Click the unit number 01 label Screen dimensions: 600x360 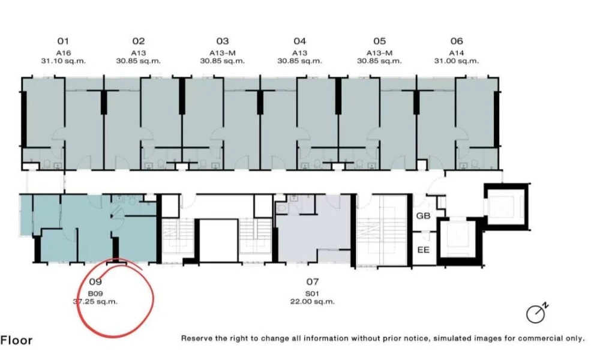[x=63, y=41]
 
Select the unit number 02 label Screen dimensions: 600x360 [x=139, y=41]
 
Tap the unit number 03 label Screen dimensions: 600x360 [x=223, y=41]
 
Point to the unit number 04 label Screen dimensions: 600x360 [x=300, y=41]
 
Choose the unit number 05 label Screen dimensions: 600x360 [x=380, y=41]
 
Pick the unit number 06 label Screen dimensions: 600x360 [x=457, y=41]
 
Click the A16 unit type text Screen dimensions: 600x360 [x=63, y=53]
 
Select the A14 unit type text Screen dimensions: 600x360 [x=457, y=53]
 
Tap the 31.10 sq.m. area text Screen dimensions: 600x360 [x=64, y=61]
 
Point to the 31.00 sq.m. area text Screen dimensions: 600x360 [x=457, y=61]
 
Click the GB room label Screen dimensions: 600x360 [x=423, y=216]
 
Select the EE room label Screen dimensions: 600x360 [x=423, y=250]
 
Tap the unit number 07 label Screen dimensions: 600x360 [x=313, y=282]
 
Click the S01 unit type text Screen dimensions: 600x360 [x=312, y=294]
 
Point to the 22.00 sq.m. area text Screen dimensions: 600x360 [x=312, y=301]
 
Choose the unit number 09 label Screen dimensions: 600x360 [x=95, y=282]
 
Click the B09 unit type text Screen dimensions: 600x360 [x=95, y=294]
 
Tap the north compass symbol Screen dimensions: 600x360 [x=537, y=313]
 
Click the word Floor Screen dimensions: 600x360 [x=16, y=340]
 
